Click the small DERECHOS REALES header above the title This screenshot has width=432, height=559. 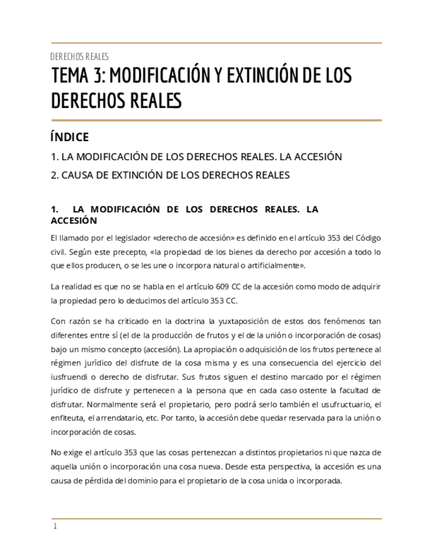[x=80, y=57]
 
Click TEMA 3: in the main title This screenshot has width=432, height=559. [x=77, y=77]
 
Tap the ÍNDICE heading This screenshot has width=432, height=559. [x=69, y=137]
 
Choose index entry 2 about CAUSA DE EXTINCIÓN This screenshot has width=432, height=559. [x=170, y=175]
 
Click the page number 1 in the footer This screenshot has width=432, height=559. [x=55, y=526]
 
